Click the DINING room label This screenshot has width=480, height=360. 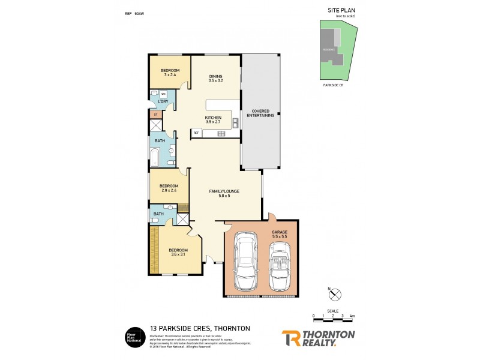tap(216, 76)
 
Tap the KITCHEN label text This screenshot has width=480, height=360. tap(214, 118)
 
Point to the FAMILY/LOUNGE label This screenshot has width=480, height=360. tap(224, 191)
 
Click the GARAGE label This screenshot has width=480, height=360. tap(280, 232)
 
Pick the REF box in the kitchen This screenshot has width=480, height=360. tap(196, 133)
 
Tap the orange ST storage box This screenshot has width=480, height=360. tap(155, 114)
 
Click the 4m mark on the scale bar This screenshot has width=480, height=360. tap(352, 315)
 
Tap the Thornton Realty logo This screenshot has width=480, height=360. tap(318, 338)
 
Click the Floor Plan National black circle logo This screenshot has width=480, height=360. tap(132, 336)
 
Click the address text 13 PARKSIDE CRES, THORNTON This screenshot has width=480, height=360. tap(199, 328)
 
